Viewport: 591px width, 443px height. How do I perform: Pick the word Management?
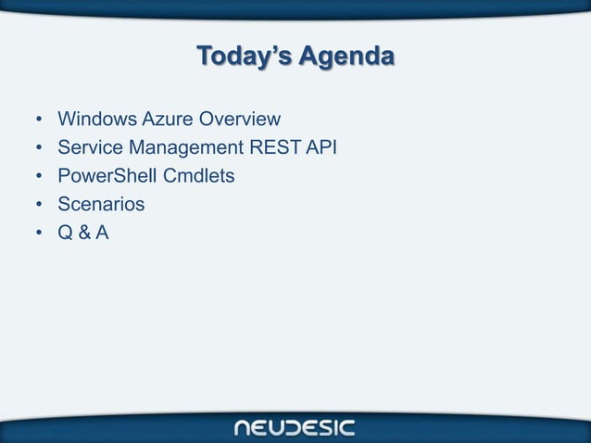[181, 147]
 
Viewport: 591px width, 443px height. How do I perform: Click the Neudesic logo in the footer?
[295, 427]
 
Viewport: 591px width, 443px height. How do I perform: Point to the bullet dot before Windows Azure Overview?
[39, 120]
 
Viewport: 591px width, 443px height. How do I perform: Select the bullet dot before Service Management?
[39, 148]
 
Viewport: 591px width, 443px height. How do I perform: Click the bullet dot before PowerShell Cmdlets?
[39, 176]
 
